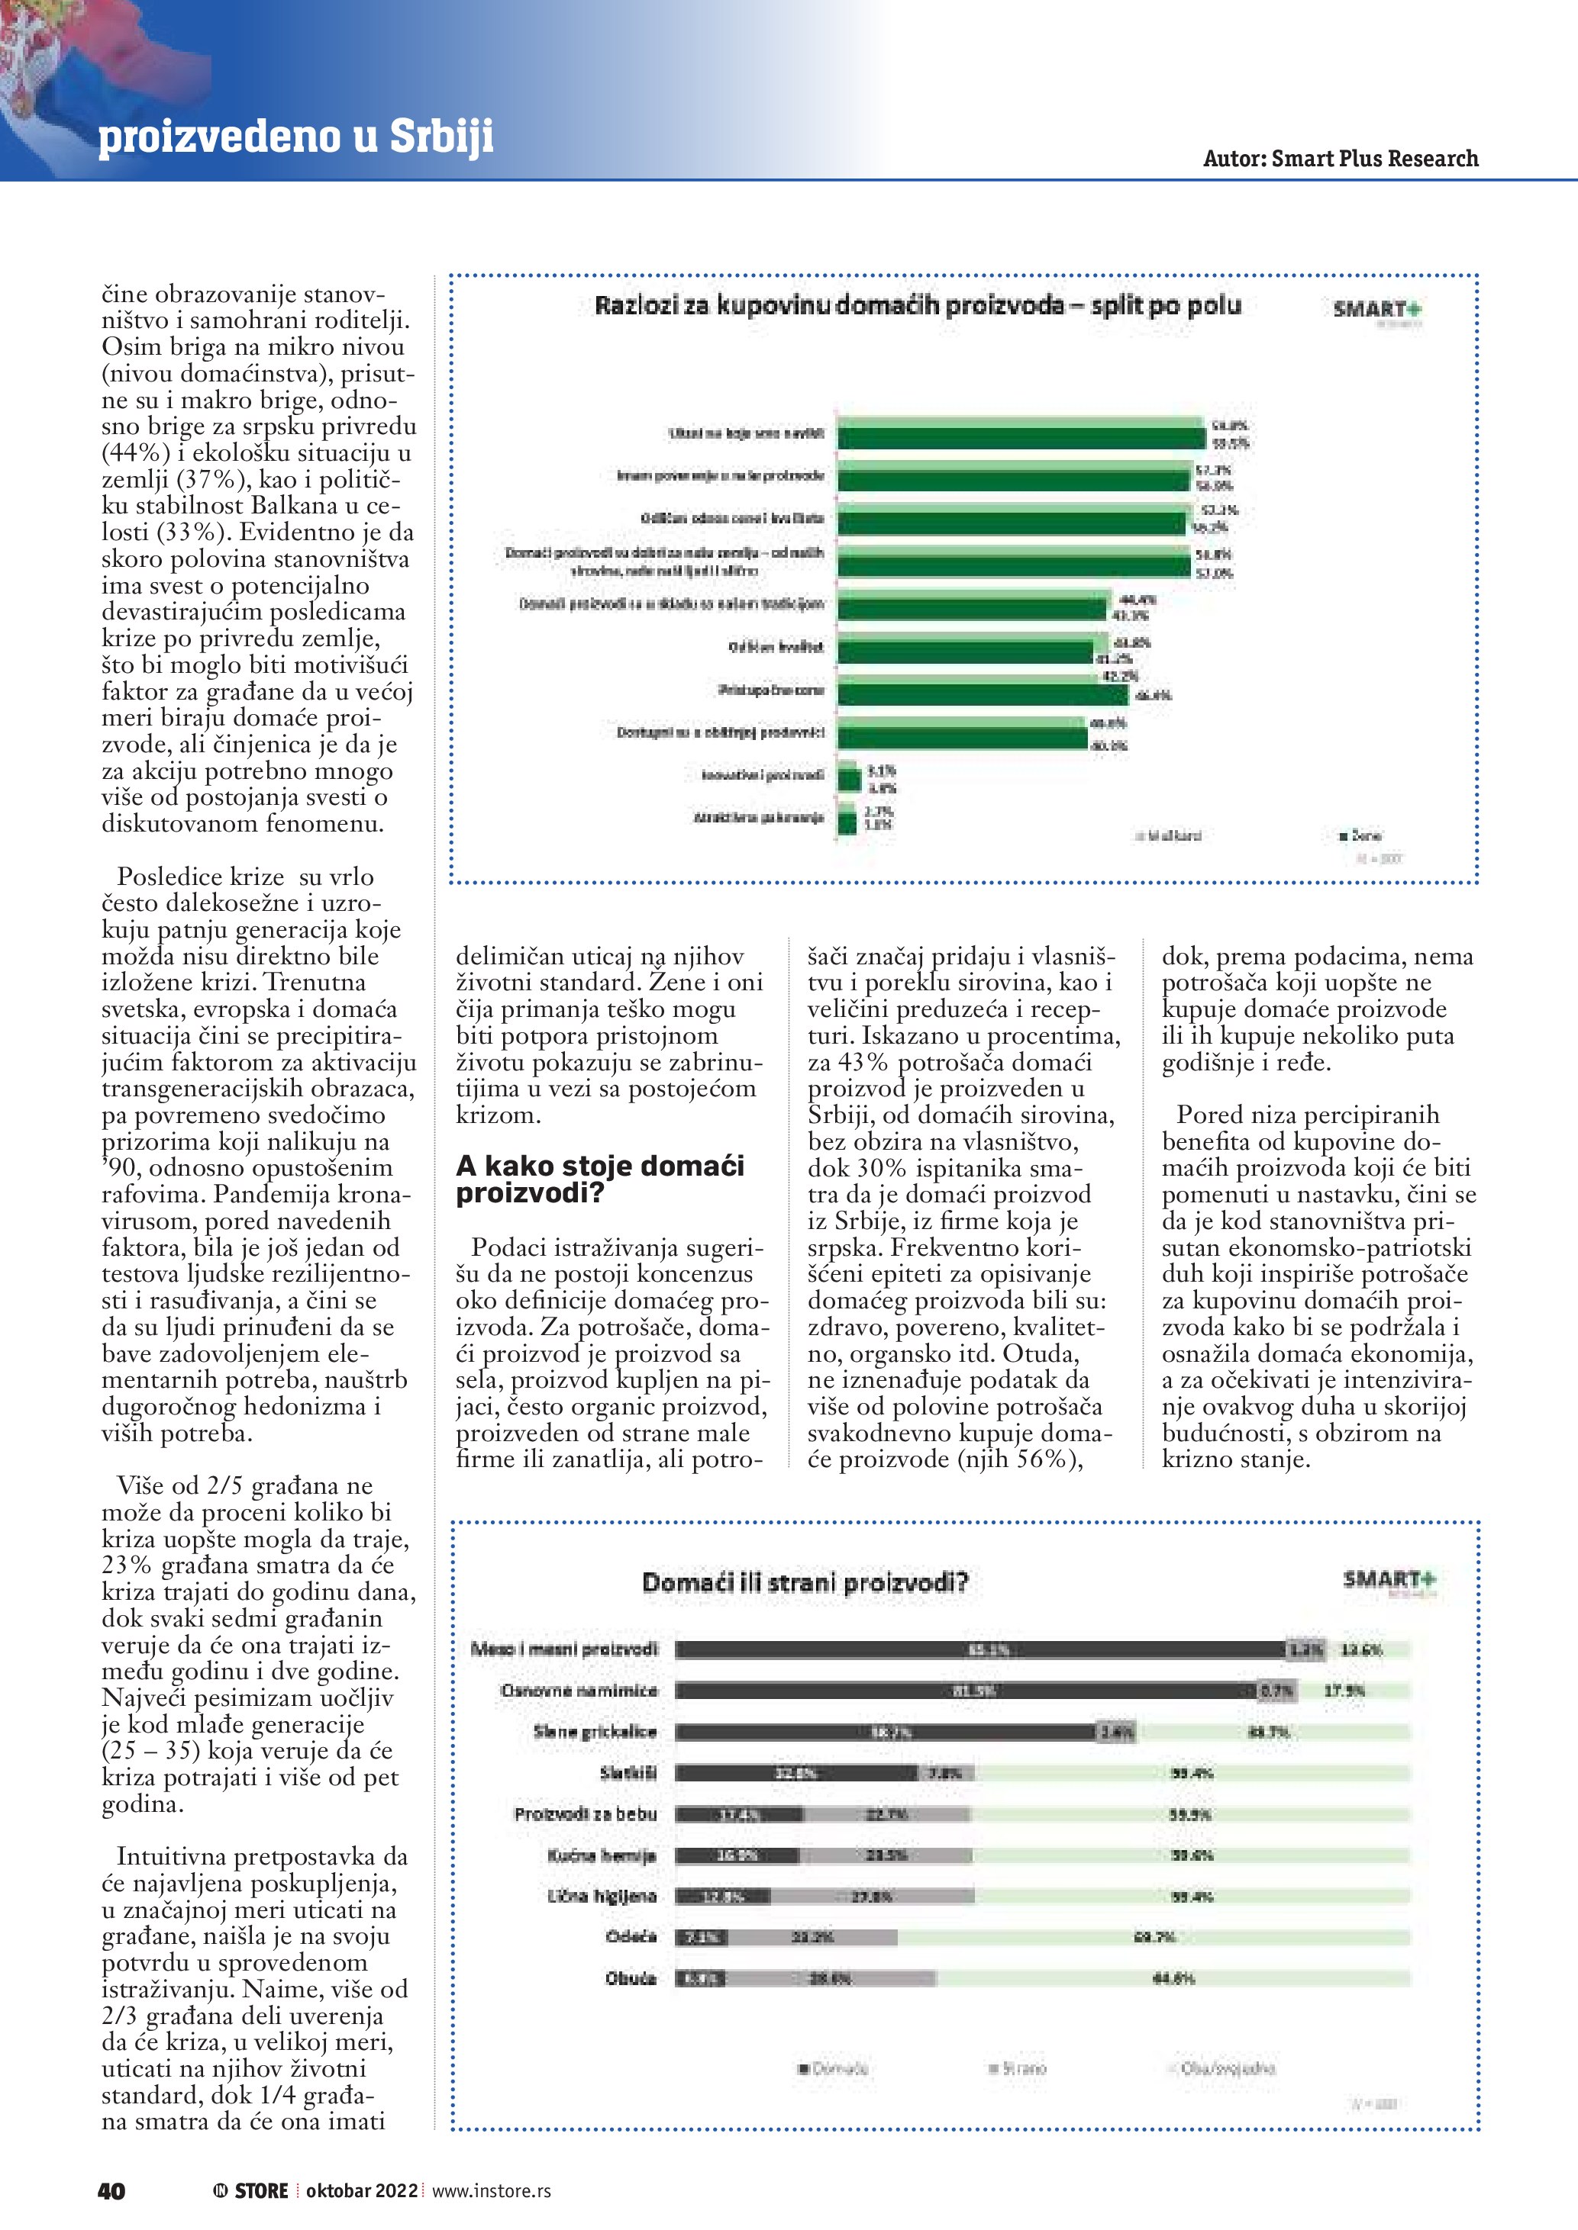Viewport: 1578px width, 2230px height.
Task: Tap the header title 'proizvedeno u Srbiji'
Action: click(x=295, y=137)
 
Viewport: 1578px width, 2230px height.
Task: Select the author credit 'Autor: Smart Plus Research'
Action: click(x=1340, y=159)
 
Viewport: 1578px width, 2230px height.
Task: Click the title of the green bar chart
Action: click(x=918, y=306)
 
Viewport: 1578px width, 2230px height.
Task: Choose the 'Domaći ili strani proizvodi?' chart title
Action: click(x=805, y=1584)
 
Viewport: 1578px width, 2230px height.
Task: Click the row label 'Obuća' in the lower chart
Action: click(x=631, y=1978)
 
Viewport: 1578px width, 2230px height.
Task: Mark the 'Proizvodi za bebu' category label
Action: click(x=586, y=1814)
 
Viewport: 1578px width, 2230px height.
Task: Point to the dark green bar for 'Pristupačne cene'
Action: click(x=983, y=696)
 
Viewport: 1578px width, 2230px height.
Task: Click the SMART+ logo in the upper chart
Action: click(x=1377, y=311)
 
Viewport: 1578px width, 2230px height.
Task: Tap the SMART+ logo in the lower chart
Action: click(x=1389, y=1580)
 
